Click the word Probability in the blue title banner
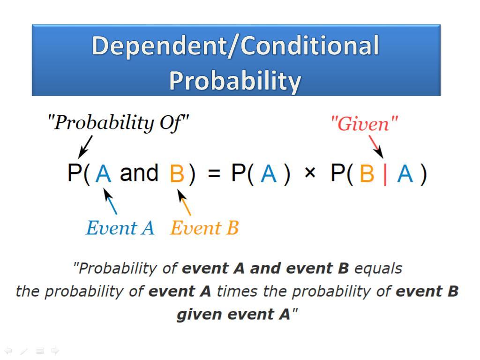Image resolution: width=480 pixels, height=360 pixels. [x=235, y=80]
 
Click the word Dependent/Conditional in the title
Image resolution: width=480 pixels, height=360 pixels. [x=235, y=46]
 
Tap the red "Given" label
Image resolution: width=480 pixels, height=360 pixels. [x=364, y=124]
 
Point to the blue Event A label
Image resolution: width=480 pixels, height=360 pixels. [x=120, y=228]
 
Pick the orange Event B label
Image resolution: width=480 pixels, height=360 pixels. [x=204, y=228]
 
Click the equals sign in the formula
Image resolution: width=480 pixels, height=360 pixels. [x=214, y=173]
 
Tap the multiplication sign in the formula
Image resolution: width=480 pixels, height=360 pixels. [x=310, y=172]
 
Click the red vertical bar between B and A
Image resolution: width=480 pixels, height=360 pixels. [x=385, y=173]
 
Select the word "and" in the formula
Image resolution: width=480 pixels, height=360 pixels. [x=139, y=173]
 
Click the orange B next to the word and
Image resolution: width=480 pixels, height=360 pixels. [x=177, y=173]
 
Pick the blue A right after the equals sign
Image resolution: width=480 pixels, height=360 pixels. [x=269, y=173]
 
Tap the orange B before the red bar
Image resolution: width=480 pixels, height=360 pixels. [x=367, y=173]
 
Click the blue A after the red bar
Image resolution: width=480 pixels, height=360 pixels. [x=405, y=173]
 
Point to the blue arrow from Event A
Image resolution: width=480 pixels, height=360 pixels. [x=110, y=201]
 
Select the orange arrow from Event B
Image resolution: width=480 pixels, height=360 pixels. [x=184, y=202]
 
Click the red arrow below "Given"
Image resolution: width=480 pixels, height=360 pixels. [x=376, y=147]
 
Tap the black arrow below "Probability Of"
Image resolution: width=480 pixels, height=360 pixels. [x=85, y=147]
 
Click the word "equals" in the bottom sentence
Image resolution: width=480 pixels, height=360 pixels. [x=378, y=269]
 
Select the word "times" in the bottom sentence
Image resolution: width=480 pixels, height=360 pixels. [x=237, y=291]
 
